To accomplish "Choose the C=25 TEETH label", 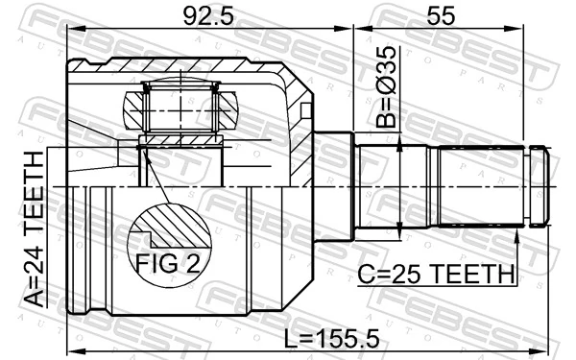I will pyautogui.click(x=437, y=275).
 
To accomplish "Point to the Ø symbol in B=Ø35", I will pyautogui.click(x=384, y=82).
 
